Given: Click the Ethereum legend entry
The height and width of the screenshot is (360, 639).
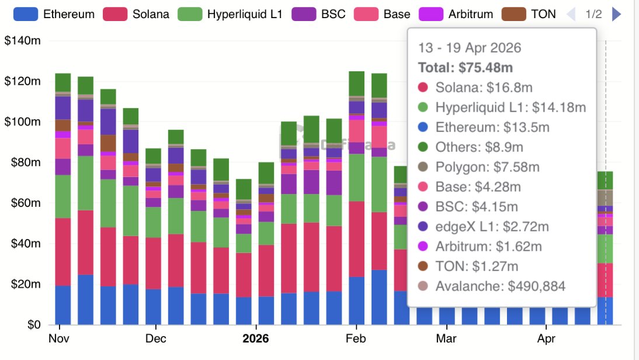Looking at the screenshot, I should point(53,14).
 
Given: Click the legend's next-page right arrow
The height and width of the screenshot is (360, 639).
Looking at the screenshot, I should point(616,14).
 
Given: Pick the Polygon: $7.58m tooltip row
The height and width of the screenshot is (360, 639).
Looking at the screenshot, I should point(487,167).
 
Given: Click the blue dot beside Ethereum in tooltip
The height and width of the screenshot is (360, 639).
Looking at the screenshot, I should point(423,127).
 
